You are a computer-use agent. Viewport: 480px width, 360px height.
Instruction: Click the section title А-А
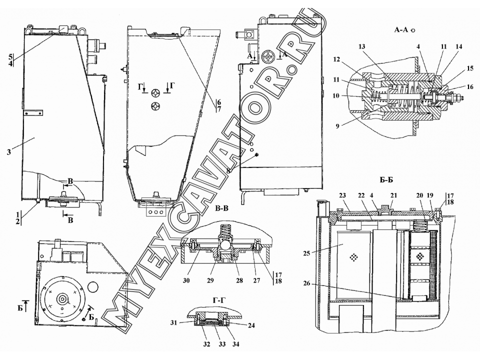[x=402, y=30]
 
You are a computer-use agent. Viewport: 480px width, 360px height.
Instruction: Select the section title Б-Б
[x=386, y=180]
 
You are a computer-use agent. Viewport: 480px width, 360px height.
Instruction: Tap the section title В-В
[x=221, y=209]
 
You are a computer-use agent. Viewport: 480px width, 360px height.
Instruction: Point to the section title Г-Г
[x=218, y=300]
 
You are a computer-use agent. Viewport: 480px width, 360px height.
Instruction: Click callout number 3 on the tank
[x=9, y=152]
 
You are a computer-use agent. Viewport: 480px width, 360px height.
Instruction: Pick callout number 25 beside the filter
[x=306, y=253]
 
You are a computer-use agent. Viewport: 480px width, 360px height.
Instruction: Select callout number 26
[x=306, y=284]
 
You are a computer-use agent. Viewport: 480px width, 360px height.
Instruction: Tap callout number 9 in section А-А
[x=337, y=126]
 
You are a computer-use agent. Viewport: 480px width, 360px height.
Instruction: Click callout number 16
[x=469, y=87]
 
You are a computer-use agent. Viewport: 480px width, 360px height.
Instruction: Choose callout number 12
[x=336, y=59]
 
